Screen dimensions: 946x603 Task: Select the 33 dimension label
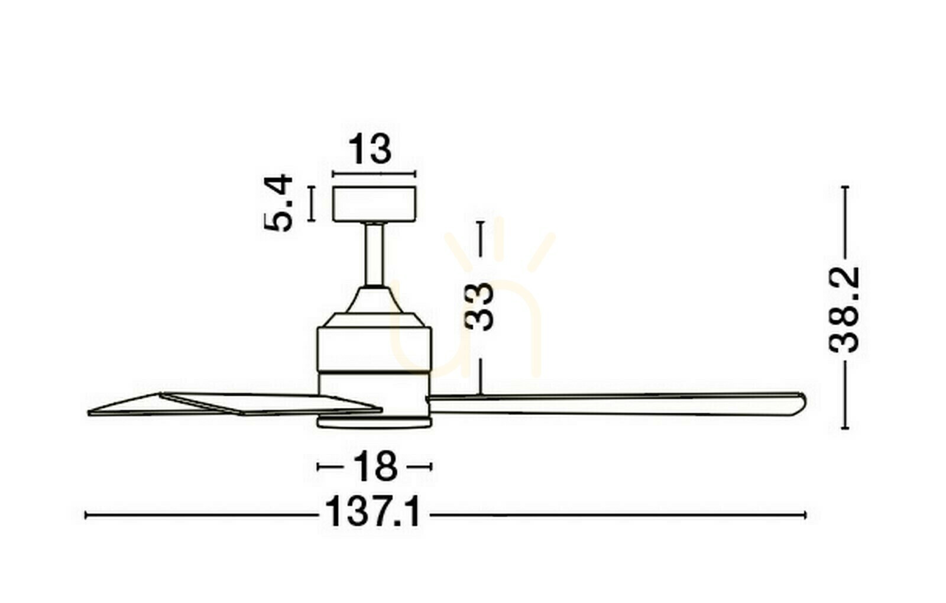[x=479, y=306]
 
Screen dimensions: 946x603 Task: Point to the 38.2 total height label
[x=844, y=310]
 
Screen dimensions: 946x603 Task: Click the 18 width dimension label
[x=375, y=466]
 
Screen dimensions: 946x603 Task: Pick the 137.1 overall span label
[x=373, y=512]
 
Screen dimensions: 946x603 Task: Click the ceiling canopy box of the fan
[x=374, y=203]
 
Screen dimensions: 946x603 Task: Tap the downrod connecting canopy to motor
[x=375, y=255]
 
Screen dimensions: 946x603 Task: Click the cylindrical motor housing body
[x=374, y=351]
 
